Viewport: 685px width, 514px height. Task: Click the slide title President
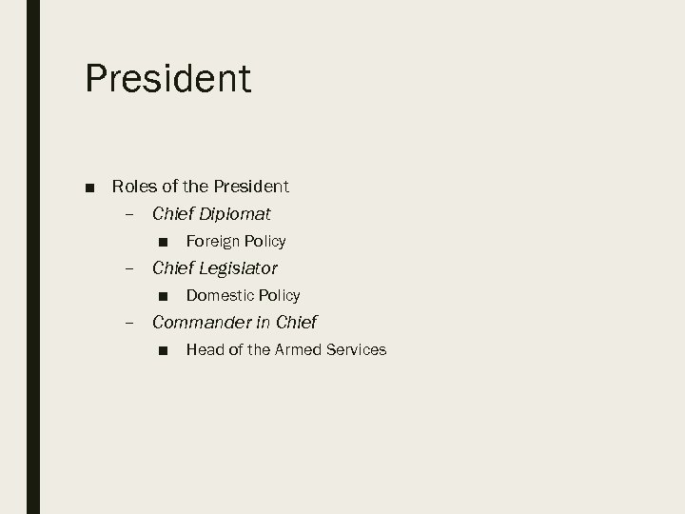(x=168, y=78)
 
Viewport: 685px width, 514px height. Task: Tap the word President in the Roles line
(x=253, y=186)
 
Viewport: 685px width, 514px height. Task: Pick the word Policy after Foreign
(x=265, y=241)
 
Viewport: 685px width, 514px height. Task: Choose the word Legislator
(x=239, y=268)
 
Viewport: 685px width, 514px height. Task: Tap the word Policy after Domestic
(x=280, y=295)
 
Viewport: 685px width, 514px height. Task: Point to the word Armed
(x=298, y=349)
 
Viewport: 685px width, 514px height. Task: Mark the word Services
(x=356, y=349)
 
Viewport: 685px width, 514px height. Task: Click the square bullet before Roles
(x=90, y=187)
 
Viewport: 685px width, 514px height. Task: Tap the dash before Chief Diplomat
(x=129, y=214)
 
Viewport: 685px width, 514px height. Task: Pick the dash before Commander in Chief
(x=129, y=323)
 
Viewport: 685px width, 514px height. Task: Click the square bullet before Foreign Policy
(x=165, y=242)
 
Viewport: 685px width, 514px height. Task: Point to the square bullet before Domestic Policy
(x=165, y=296)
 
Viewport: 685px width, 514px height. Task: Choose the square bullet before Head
(x=165, y=350)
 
